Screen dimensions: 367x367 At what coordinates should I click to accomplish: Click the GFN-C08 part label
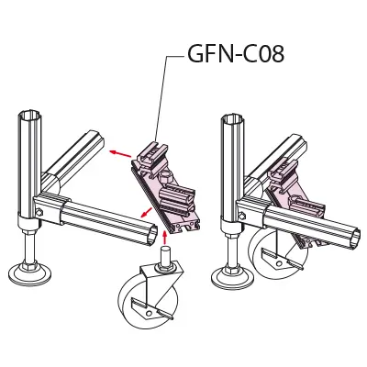[x=236, y=54]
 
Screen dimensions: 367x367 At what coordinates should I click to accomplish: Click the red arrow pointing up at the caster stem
[x=164, y=238]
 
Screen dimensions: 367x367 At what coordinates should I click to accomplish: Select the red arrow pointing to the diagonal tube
[x=121, y=154]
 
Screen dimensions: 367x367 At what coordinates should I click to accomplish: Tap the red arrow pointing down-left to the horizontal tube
[x=147, y=212]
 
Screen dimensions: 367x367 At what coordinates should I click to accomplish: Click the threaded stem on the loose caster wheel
[x=165, y=254]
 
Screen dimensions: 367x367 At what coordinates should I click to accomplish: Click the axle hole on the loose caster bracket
[x=149, y=313]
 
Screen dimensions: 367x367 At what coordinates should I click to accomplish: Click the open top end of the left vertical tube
[x=29, y=117]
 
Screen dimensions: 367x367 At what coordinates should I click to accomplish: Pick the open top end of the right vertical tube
[x=232, y=117]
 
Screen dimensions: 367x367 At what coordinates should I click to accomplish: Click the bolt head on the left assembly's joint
[x=39, y=212]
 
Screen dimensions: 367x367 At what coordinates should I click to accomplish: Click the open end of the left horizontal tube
[x=151, y=235]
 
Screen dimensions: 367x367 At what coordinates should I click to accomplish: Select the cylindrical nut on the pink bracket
[x=164, y=177]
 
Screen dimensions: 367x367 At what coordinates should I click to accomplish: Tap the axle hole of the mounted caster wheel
[x=278, y=263]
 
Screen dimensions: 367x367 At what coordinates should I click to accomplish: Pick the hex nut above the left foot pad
[x=29, y=263]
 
